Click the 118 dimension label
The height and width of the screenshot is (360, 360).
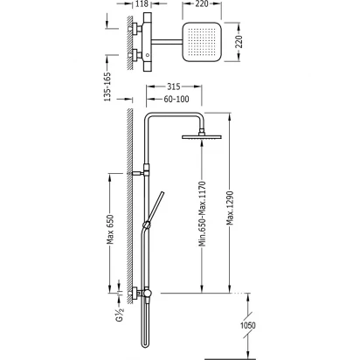click(x=142, y=3)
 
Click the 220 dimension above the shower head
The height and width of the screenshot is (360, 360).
click(x=202, y=3)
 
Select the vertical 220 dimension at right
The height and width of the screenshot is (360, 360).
click(x=239, y=42)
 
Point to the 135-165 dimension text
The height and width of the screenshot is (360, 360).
click(x=107, y=87)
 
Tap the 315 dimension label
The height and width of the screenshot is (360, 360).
click(x=174, y=87)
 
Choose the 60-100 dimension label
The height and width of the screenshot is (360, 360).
click(x=177, y=99)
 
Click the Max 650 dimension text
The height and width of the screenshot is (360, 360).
click(x=110, y=230)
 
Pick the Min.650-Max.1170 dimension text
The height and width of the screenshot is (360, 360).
click(x=203, y=214)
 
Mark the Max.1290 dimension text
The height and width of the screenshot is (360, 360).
click(x=230, y=208)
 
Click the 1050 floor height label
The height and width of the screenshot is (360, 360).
click(x=247, y=325)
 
